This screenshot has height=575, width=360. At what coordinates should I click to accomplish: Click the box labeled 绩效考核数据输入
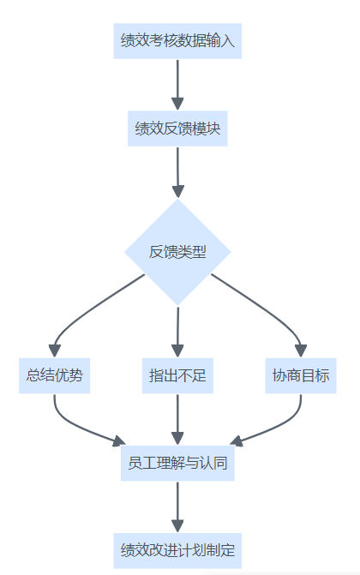coord(177,41)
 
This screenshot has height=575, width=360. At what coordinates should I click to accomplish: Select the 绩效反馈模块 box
coord(177,129)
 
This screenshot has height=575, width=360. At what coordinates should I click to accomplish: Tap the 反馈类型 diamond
coord(177,252)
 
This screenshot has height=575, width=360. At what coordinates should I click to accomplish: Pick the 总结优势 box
coord(54,375)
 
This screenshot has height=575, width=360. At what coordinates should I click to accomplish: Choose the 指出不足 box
coord(177,375)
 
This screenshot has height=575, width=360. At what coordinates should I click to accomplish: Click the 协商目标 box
coord(301,375)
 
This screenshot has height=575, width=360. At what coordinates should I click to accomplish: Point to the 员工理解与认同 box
coord(177,463)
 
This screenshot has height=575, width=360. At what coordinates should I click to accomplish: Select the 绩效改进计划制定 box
coord(177,551)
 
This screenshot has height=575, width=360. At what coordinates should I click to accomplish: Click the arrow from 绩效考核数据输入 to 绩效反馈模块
coord(177,85)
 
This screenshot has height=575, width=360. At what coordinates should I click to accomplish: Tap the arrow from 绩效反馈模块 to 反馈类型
coord(177,172)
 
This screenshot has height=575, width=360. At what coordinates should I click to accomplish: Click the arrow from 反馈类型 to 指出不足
coord(177,332)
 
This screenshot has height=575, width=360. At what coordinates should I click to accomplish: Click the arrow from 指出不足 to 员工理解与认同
coord(177,420)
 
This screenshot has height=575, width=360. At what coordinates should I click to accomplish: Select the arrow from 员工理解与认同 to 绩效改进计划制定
coord(177,507)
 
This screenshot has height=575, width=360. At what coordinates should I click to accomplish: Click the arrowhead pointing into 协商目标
coord(301,351)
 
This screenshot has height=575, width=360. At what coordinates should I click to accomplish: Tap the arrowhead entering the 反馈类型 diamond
coord(178,192)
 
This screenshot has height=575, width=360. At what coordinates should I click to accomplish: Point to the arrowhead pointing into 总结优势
coord(54,351)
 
